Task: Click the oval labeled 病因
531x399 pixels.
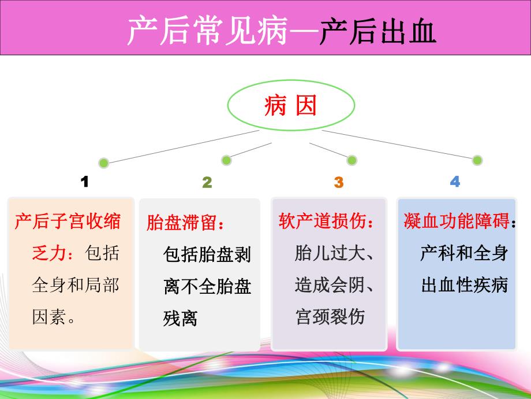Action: pos(291,106)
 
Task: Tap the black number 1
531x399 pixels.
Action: pos(85,182)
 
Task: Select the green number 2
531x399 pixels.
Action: pos(207,183)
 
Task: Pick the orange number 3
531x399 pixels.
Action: pos(338,183)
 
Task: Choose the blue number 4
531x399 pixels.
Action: pos(455,182)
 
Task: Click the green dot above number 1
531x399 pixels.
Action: pos(103,162)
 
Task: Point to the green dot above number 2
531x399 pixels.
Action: pos(226,160)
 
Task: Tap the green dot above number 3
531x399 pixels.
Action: pos(351,160)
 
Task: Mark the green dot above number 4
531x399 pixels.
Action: pos(477,160)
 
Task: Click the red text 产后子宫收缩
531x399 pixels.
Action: pos(68,221)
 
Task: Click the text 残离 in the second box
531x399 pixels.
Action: pos(180,318)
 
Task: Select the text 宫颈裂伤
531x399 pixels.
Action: pos(330,317)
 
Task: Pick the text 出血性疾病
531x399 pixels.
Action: pos(464,285)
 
